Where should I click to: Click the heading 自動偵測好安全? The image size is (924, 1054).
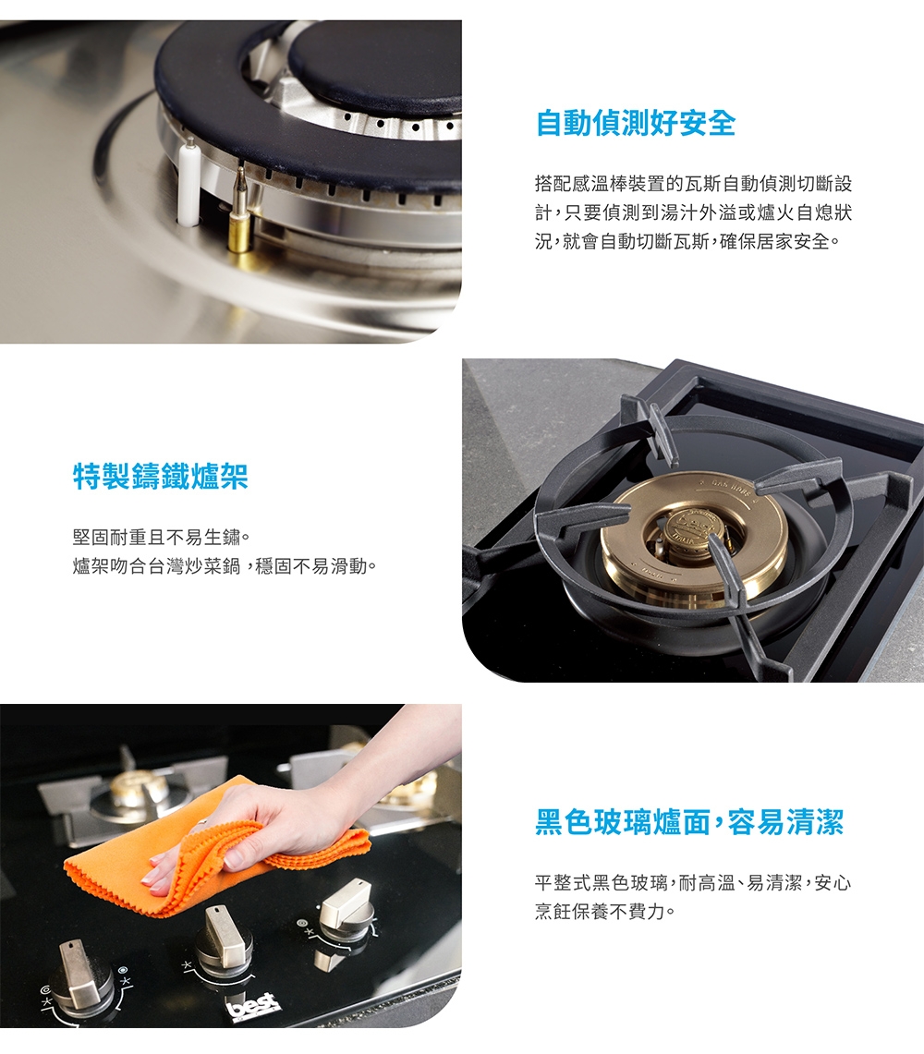(636, 123)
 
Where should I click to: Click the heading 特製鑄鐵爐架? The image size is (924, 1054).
(161, 477)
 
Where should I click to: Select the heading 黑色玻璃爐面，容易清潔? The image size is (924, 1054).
(689, 821)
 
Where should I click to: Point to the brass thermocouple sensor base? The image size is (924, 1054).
(239, 231)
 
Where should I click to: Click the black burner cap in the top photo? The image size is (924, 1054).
(379, 65)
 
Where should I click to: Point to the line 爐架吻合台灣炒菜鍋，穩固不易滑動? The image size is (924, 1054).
(225, 565)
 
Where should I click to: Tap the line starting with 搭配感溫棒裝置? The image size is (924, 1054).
(693, 184)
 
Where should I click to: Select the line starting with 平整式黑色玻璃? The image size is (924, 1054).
(693, 883)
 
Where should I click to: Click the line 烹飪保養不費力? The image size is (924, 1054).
(606, 913)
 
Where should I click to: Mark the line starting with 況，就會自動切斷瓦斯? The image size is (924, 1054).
(688, 243)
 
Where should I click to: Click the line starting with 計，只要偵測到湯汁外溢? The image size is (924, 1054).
(693, 213)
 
